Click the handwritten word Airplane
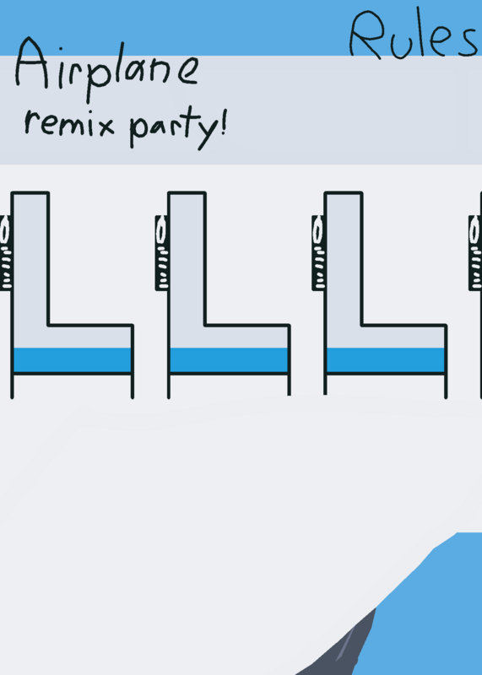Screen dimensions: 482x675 click(x=108, y=69)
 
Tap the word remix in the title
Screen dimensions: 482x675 click(x=69, y=124)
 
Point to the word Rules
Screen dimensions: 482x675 click(x=414, y=35)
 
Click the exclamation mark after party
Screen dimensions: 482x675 click(x=223, y=123)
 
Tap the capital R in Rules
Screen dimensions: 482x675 click(x=366, y=35)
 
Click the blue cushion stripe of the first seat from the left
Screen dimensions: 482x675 click(x=73, y=359)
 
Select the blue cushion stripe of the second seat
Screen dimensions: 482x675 click(x=229, y=359)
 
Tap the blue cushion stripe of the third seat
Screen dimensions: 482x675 click(x=386, y=359)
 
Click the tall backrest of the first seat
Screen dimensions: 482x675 click(x=30, y=258)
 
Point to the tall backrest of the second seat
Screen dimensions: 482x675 click(x=187, y=258)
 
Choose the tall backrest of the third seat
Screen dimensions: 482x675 click(x=344, y=258)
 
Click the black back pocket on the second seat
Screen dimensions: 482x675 click(x=161, y=252)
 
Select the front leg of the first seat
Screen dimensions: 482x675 click(x=133, y=386)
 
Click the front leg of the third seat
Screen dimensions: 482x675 click(x=446, y=386)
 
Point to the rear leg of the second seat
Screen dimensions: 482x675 click(x=169, y=386)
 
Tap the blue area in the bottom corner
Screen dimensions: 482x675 click(x=426, y=611)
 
